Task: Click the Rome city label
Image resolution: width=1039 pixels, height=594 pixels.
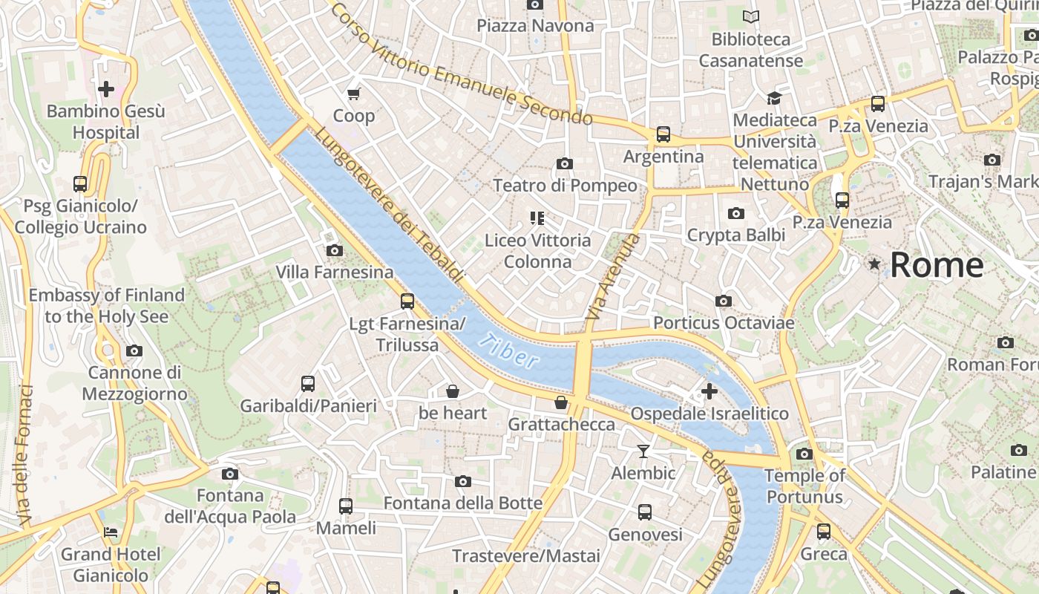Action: point(937,265)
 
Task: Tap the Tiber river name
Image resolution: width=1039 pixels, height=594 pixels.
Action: point(508,351)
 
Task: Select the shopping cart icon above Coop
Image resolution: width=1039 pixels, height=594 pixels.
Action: point(354,94)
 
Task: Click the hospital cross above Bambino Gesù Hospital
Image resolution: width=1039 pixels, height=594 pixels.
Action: point(106,90)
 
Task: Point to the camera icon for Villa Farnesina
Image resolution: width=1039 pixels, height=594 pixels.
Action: point(335,251)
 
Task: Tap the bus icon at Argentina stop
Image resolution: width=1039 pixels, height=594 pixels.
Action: point(663,134)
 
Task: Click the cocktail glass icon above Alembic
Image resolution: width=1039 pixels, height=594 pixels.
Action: point(643,451)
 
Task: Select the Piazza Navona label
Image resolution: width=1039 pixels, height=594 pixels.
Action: point(535,26)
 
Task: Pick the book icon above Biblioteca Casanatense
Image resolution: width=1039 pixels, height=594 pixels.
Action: point(751,16)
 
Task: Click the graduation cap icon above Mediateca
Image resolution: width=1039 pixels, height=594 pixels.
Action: point(774,98)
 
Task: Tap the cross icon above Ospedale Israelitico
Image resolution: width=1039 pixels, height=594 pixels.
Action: point(709,391)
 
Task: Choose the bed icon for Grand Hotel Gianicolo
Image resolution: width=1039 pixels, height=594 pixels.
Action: point(111,532)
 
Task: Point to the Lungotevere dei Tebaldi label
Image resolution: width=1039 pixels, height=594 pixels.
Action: point(389,206)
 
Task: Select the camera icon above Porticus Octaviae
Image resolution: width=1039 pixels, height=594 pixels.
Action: point(724,301)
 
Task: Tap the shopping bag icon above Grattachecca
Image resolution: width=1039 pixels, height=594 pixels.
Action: point(561,402)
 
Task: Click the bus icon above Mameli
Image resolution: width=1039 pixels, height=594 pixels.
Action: point(346,506)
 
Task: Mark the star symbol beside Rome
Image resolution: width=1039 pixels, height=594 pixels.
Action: point(875,264)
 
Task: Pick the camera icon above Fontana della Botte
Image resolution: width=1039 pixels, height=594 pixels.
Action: point(463,482)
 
